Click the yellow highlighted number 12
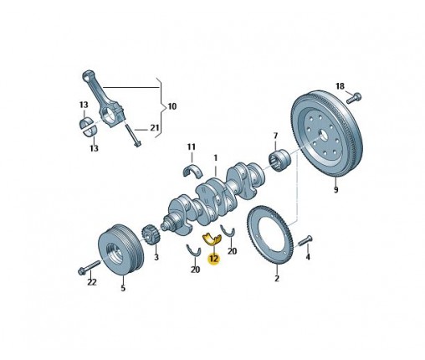tap(214, 259)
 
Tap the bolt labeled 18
tap(354, 98)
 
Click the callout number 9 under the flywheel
tap(336, 190)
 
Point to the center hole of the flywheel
tap(324, 136)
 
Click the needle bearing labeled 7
tap(279, 160)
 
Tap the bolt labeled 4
tap(305, 240)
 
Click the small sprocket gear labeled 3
tap(151, 236)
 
